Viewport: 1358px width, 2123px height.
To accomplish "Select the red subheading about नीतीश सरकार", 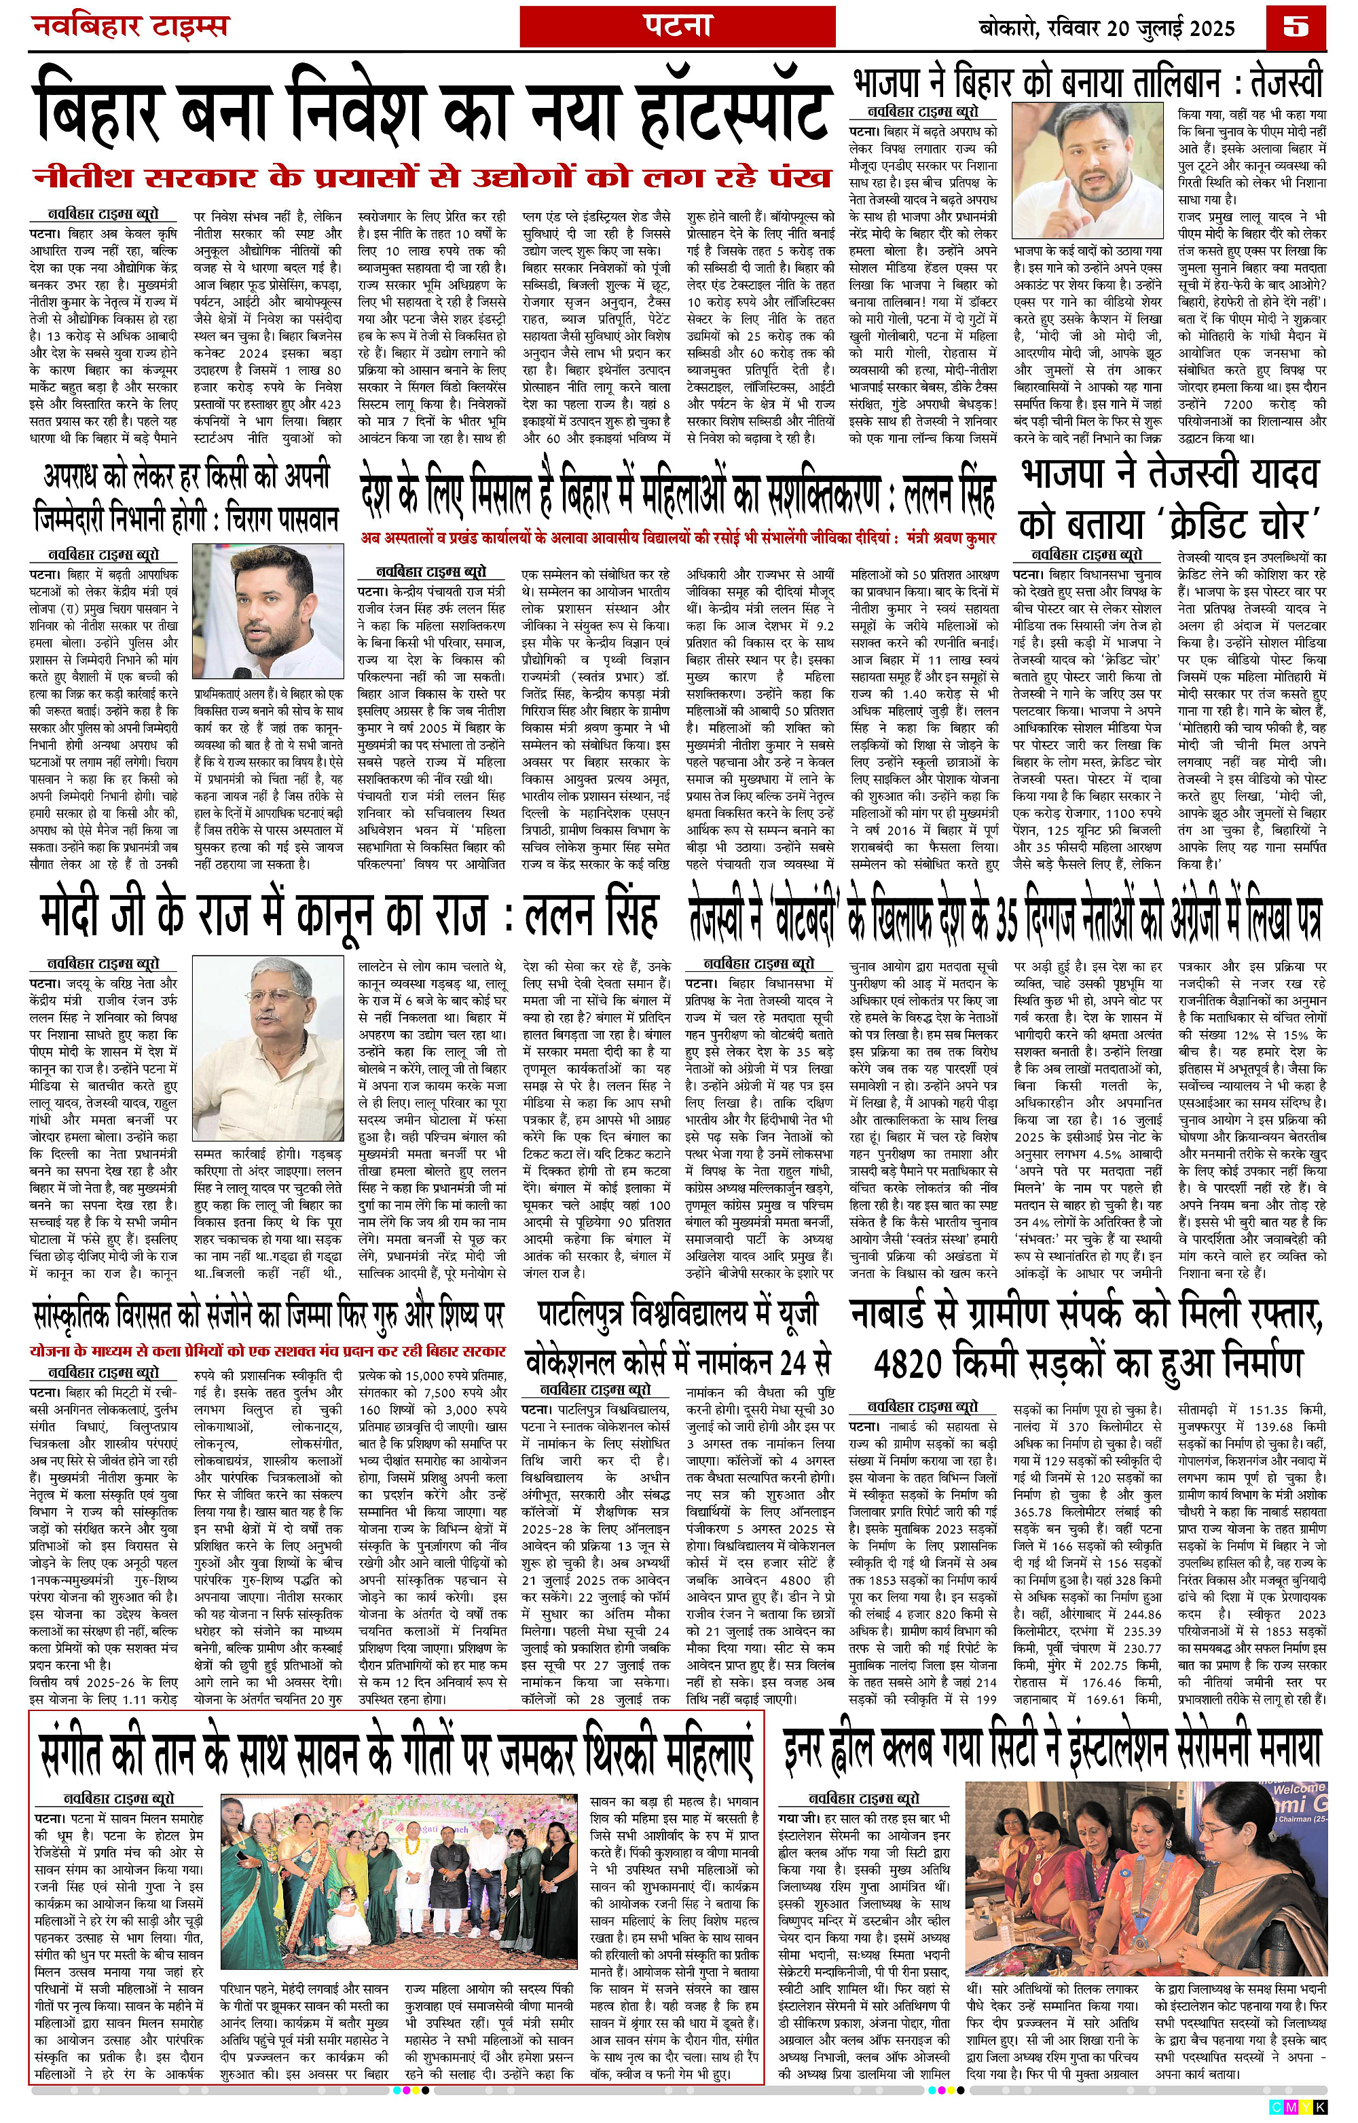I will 432,177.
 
